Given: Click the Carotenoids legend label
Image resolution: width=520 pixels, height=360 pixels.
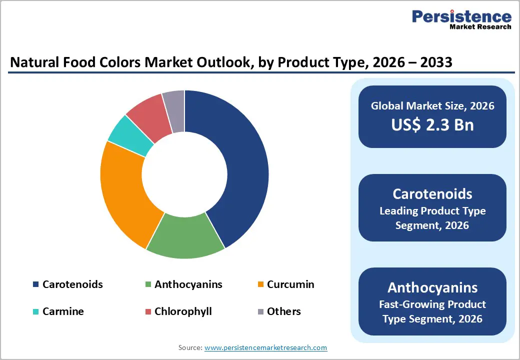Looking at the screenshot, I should point(72,284).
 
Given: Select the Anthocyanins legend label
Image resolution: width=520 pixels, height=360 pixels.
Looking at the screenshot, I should point(188,284).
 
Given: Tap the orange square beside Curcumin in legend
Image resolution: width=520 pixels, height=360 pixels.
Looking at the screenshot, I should point(260,285).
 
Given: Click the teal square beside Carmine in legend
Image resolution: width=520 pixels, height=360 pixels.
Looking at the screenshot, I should point(36,311).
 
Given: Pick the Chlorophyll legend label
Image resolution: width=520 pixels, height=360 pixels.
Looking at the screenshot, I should point(183,311).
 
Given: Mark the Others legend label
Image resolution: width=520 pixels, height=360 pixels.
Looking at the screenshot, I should point(283,311).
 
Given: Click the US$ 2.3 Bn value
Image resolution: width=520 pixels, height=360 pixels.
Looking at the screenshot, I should point(432,124).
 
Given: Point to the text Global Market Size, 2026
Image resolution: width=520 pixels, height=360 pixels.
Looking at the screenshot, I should point(432,105).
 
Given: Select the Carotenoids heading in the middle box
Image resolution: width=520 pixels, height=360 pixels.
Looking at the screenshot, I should point(432,194).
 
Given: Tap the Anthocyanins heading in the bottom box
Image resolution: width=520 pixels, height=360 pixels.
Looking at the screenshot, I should point(432,287).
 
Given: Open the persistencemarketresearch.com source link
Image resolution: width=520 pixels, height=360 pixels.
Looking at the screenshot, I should point(266,347).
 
